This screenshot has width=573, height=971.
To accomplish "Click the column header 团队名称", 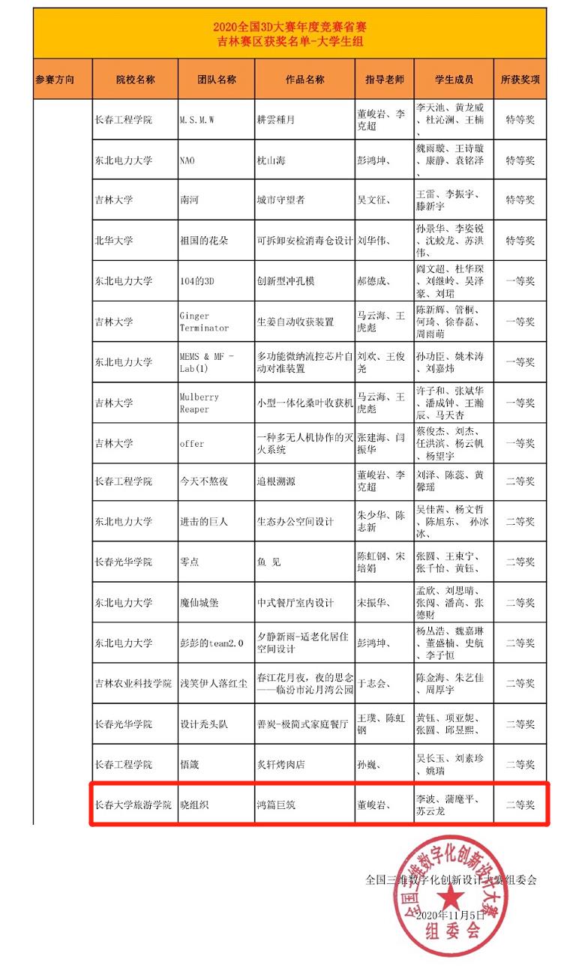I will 216,79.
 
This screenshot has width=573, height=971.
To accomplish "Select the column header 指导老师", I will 384,79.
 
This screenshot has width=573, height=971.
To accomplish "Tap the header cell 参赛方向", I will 62,79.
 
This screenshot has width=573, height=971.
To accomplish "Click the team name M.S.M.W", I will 197,120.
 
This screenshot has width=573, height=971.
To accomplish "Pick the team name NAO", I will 187,160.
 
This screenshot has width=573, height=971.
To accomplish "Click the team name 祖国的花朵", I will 203,241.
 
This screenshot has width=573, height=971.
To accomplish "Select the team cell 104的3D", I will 197,281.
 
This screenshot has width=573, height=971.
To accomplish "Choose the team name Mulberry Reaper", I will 199,403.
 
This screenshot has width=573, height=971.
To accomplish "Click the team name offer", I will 192,443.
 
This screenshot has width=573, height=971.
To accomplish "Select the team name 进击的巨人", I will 203,522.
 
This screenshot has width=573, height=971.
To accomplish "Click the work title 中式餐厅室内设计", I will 295,603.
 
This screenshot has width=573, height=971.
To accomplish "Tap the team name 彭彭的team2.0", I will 211,643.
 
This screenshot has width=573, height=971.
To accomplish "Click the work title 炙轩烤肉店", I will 280,765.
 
